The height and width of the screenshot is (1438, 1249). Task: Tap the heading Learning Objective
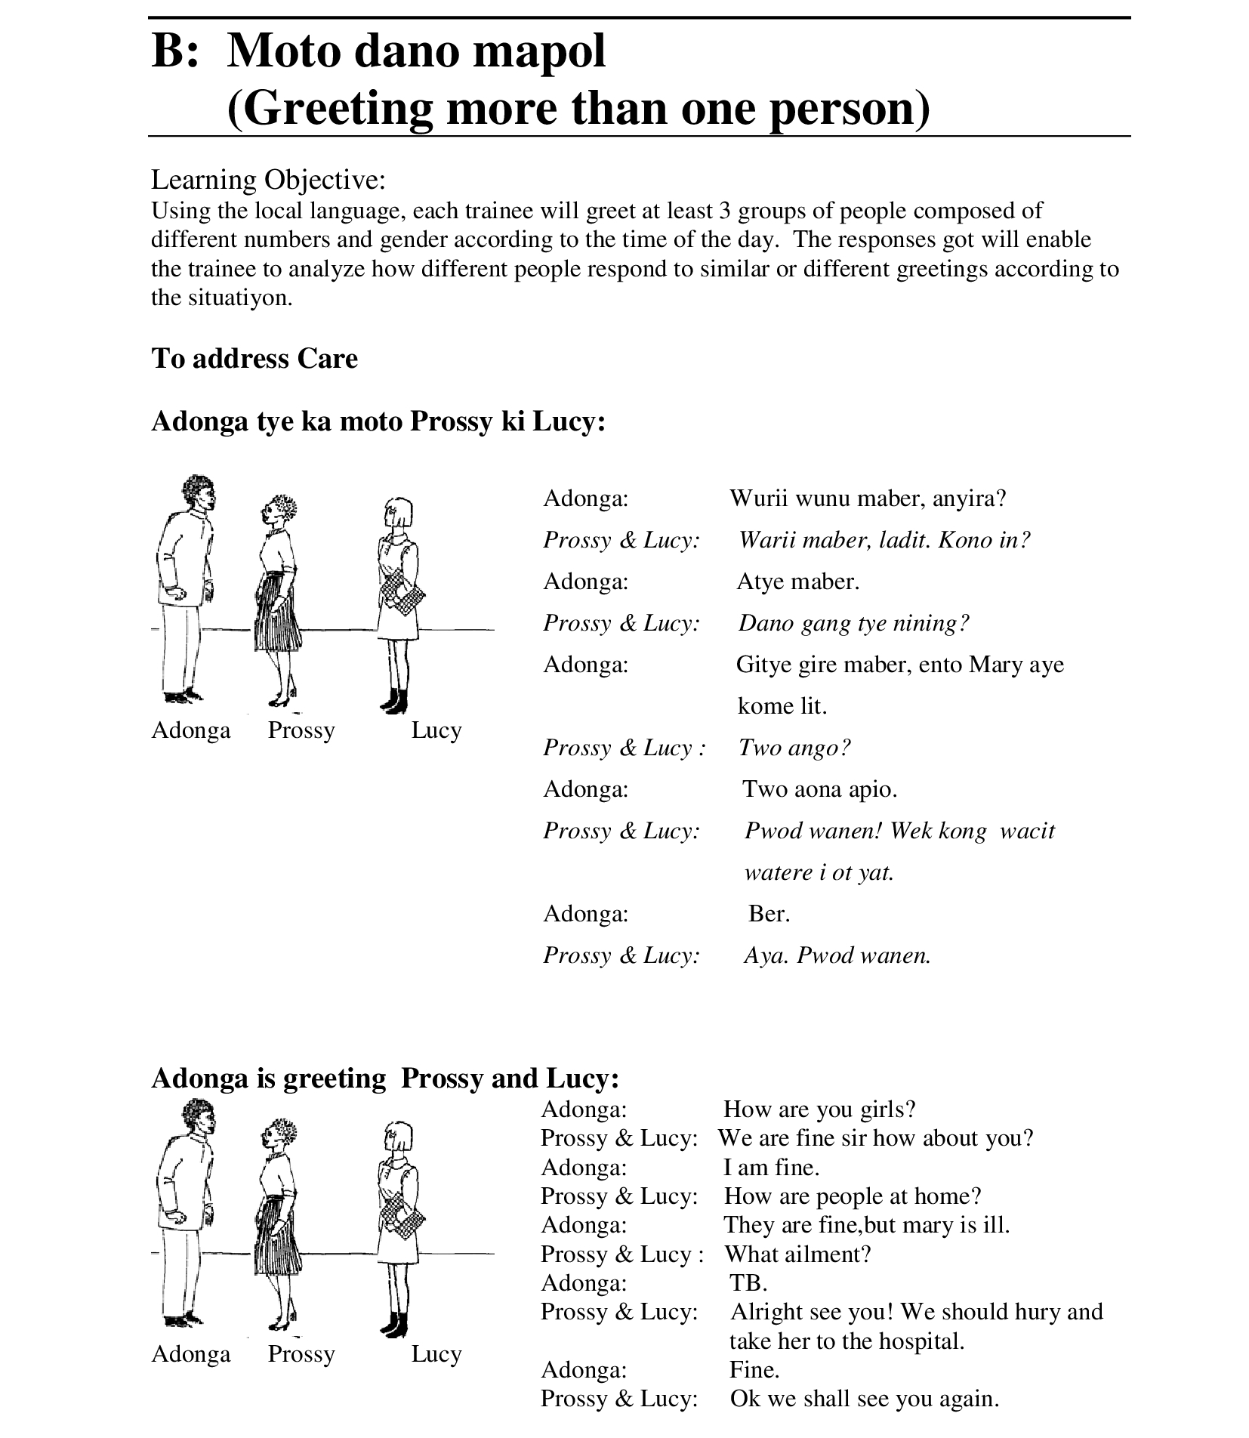268,180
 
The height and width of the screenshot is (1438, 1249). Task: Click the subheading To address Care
254,358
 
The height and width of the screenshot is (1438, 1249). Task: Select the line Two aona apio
819,789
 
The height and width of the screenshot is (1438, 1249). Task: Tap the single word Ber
769,914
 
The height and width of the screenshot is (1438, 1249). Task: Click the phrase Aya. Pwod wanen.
837,955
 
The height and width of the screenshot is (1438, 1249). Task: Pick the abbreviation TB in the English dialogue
748,1283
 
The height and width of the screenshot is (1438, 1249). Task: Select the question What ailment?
797,1254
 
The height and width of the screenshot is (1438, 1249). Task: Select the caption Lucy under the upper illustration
436,730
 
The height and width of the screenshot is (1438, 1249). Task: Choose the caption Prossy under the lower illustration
301,1354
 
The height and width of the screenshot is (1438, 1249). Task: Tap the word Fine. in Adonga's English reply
754,1370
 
